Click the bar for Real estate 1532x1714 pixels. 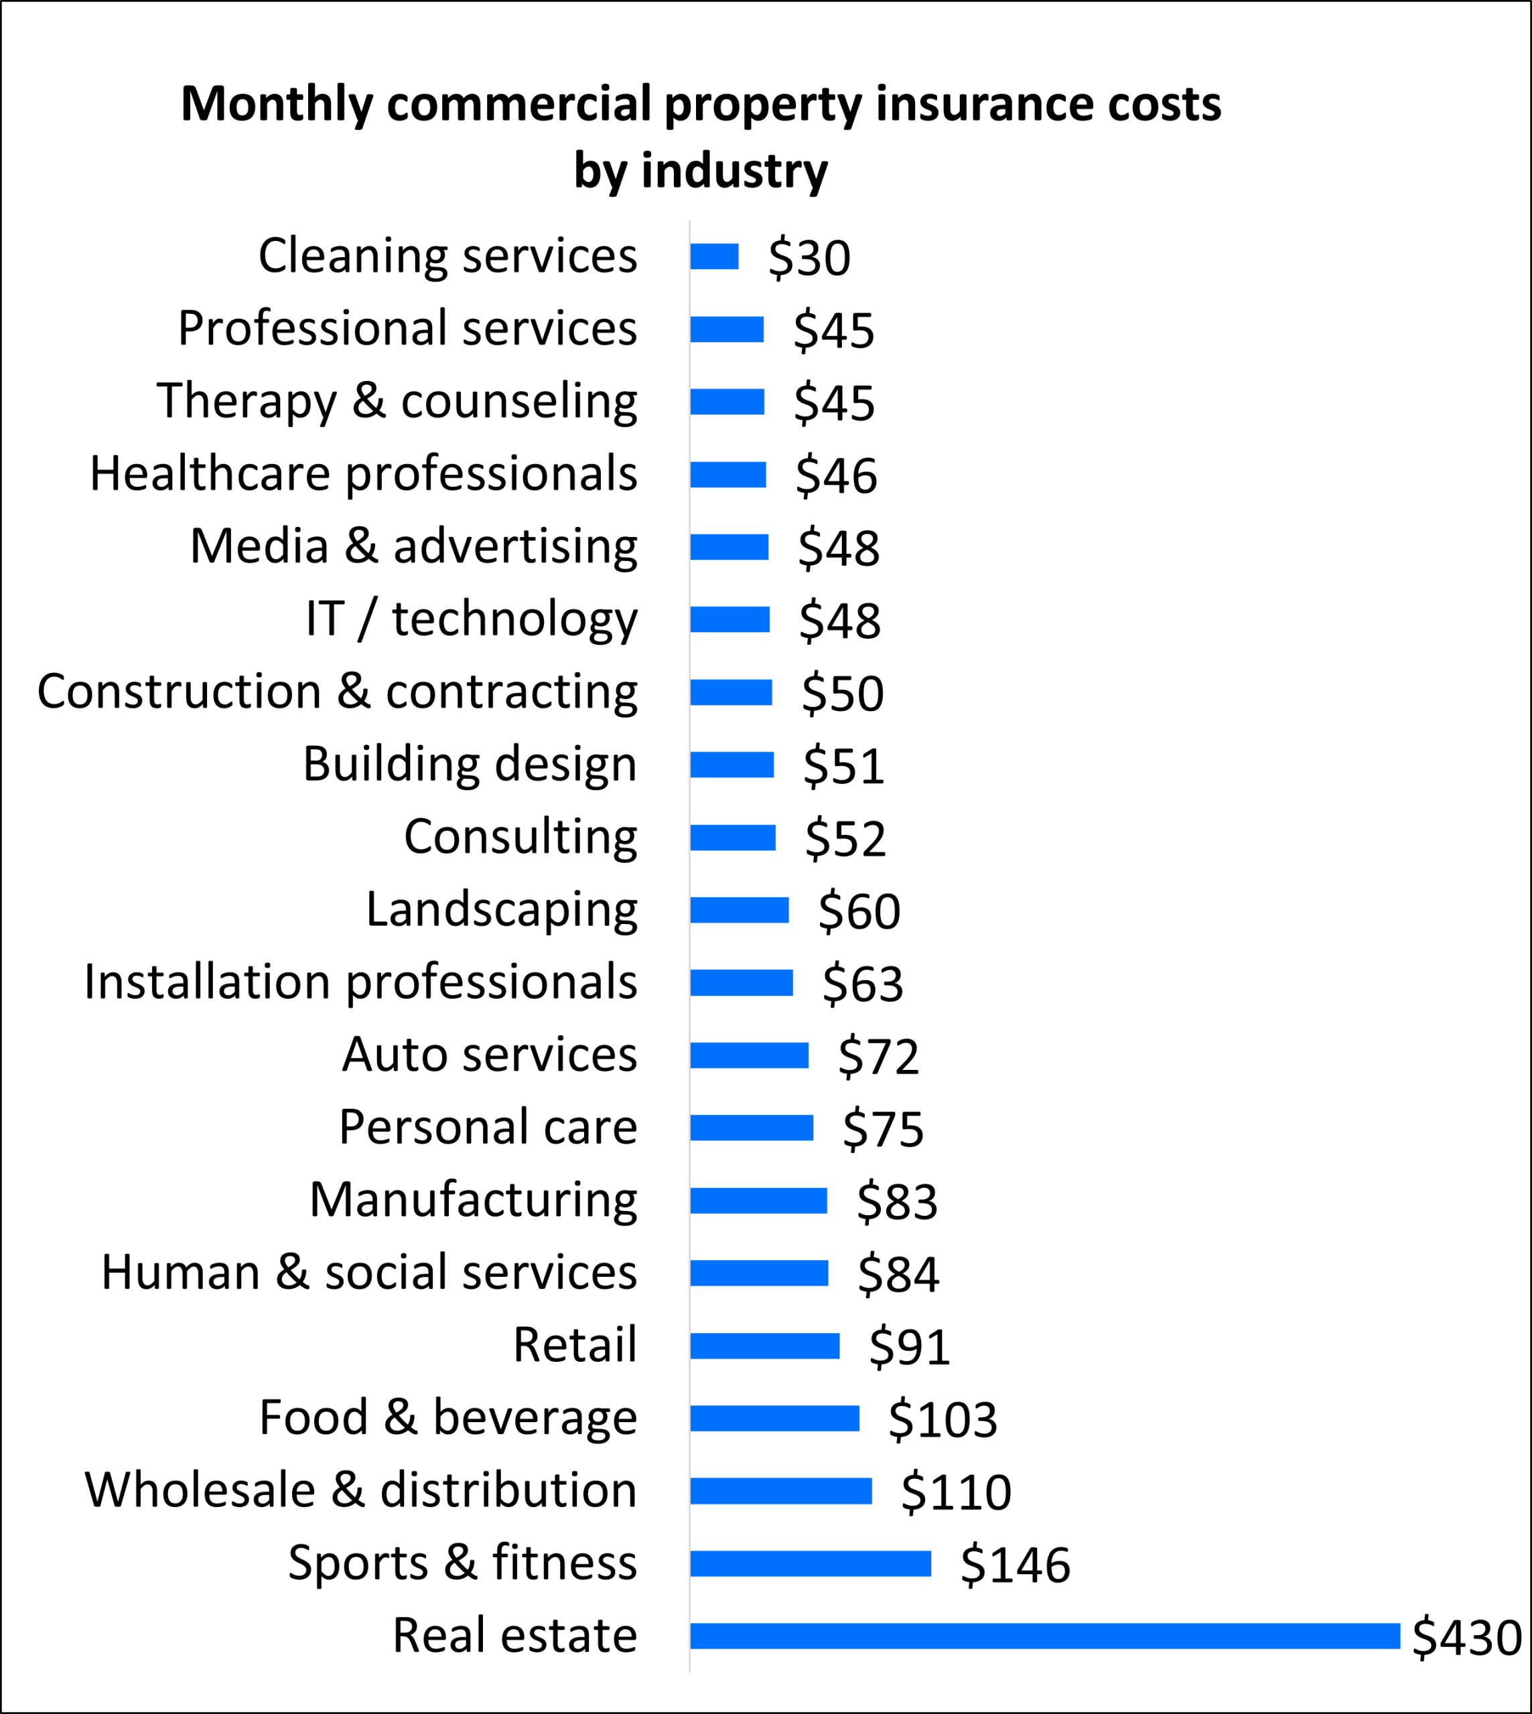click(x=1044, y=1636)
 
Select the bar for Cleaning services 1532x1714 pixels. click(x=714, y=256)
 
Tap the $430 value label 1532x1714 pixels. click(x=1466, y=1636)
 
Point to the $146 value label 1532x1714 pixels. click(x=1015, y=1564)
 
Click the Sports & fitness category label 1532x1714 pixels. click(x=462, y=1563)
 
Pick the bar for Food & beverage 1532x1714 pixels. click(x=774, y=1418)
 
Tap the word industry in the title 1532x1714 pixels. click(x=734, y=170)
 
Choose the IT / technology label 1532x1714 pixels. click(x=472, y=619)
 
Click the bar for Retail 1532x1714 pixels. click(x=764, y=1346)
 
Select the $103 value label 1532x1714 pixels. click(x=942, y=1419)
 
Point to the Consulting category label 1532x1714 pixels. click(x=520, y=836)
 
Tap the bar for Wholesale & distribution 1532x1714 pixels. click(x=780, y=1491)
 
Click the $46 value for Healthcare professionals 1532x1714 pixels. click(x=836, y=475)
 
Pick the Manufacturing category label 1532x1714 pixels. click(x=473, y=1199)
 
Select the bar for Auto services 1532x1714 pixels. click(x=748, y=1055)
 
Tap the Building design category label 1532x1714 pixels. click(x=470, y=764)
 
